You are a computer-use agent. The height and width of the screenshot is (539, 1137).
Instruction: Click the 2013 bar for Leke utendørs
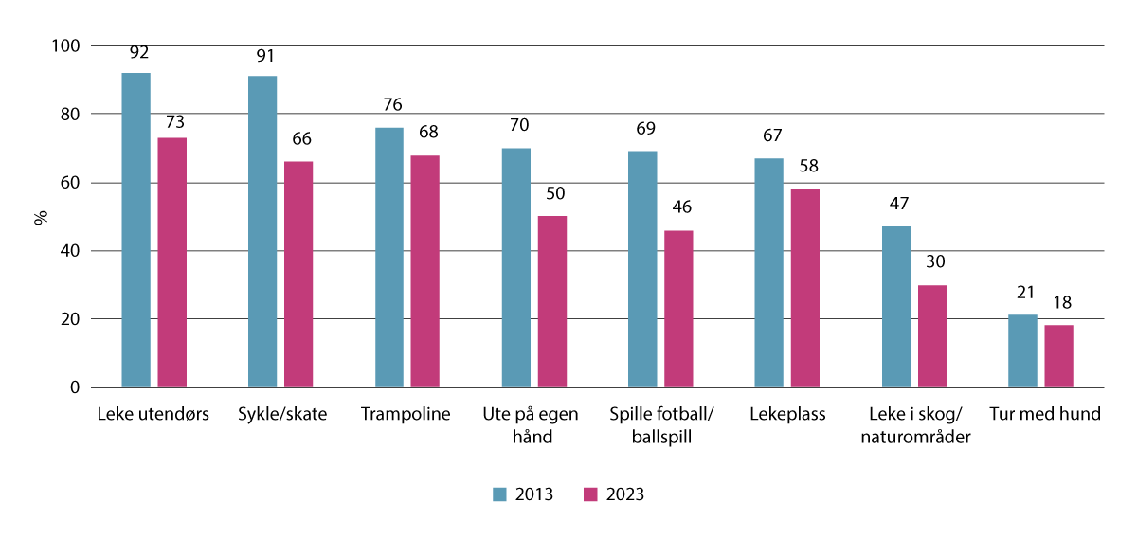135,230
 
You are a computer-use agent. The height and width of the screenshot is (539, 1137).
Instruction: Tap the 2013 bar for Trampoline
388,258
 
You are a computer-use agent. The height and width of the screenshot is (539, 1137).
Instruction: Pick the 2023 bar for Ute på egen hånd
552,302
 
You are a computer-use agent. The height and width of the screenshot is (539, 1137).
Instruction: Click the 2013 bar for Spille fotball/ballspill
642,269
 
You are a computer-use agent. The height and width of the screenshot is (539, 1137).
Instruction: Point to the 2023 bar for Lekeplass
805,288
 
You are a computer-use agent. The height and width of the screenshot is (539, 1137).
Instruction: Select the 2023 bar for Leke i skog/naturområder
932,336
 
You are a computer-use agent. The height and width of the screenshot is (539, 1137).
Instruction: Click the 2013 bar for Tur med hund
1022,351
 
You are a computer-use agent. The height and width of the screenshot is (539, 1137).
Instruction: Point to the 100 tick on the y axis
71,45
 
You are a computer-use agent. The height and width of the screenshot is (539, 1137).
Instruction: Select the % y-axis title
41,217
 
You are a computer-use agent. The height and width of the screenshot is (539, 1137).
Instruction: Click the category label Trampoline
406,415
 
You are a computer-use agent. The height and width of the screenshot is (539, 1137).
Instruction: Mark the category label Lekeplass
786,415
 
